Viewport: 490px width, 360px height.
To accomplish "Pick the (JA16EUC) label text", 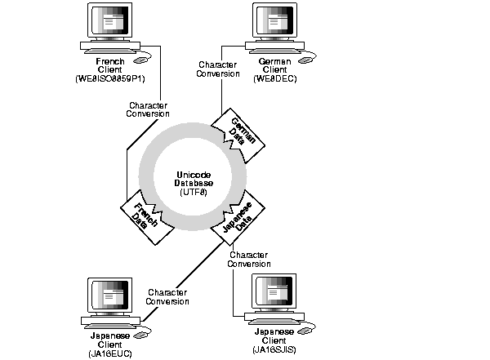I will [x=109, y=350].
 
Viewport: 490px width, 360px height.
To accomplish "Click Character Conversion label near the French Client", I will [x=149, y=109].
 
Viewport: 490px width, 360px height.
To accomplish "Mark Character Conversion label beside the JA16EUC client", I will [x=167, y=296].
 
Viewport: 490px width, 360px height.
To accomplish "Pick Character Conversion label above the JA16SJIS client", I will [x=249, y=259].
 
